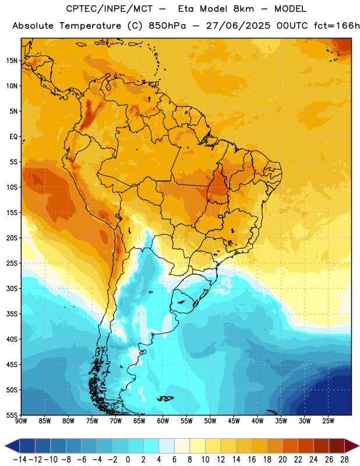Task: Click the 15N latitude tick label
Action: click(12, 61)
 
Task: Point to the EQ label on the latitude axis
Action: click(13, 137)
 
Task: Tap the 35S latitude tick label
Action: click(12, 314)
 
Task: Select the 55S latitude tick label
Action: click(12, 415)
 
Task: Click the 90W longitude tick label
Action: click(21, 421)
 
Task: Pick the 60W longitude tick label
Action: click(163, 421)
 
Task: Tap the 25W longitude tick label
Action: click(328, 421)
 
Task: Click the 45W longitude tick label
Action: click(234, 421)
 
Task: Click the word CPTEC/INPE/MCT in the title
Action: click(109, 9)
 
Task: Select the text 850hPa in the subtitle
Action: click(167, 26)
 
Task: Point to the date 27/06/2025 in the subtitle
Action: click(238, 26)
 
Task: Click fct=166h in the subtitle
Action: click(337, 26)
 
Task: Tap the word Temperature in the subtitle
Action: click(90, 26)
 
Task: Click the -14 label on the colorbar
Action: click(20, 460)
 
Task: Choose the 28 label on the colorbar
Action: click(344, 460)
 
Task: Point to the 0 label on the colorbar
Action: click(128, 460)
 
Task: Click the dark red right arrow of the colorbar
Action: click(352, 446)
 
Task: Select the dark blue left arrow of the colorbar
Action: click(12, 446)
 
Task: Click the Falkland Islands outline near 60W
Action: click(165, 398)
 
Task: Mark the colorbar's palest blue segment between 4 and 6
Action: click(167, 446)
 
